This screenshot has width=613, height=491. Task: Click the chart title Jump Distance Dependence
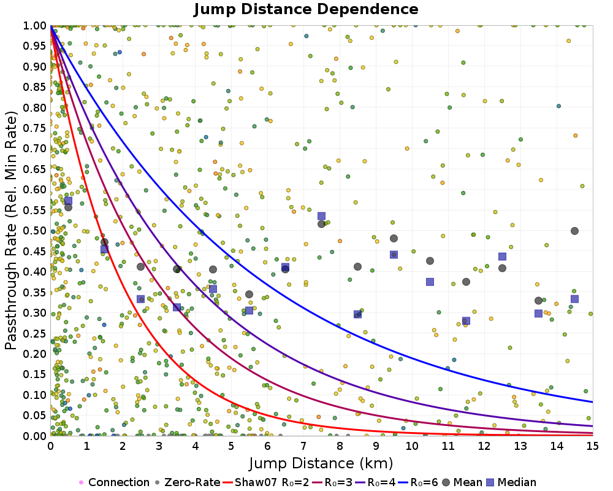tap(306, 9)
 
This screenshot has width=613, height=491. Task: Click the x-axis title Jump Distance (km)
tap(321, 462)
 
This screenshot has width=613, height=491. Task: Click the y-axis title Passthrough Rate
tap(12, 230)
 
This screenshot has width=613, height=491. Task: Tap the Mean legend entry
tap(458, 482)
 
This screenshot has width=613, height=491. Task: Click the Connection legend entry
tap(114, 482)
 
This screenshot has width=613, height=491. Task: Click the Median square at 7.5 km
tap(321, 216)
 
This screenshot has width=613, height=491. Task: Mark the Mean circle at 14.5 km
tap(574, 231)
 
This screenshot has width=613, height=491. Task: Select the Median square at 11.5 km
tap(466, 321)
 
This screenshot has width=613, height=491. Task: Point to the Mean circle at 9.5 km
tap(394, 238)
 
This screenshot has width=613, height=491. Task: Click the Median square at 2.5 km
tap(140, 299)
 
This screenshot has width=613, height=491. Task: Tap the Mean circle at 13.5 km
tap(538, 300)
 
